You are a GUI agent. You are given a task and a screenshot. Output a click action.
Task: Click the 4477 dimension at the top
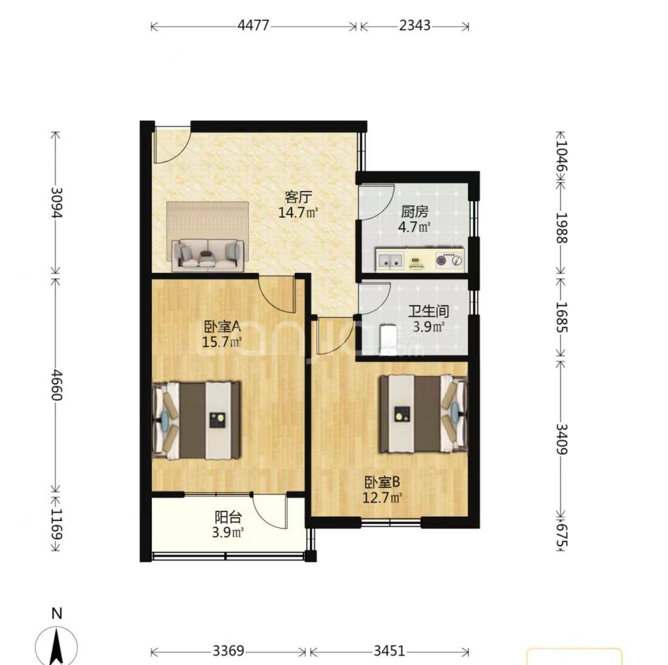pyautogui.click(x=253, y=26)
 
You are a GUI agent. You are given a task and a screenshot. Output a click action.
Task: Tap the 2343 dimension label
pyautogui.click(x=415, y=26)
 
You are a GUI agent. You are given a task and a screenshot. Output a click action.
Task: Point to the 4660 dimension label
pyautogui.click(x=56, y=385)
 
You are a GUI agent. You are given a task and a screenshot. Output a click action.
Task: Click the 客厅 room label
pyautogui.click(x=298, y=197)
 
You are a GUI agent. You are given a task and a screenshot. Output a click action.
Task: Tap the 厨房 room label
pyautogui.click(x=415, y=212)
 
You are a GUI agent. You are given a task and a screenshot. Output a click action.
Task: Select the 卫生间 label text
pyautogui.click(x=429, y=311)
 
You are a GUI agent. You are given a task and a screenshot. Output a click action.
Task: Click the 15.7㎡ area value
pyautogui.click(x=222, y=342)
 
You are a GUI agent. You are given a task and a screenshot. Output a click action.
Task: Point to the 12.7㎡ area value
pyautogui.click(x=382, y=498)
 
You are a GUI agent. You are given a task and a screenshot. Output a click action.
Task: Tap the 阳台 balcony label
pyautogui.click(x=228, y=518)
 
